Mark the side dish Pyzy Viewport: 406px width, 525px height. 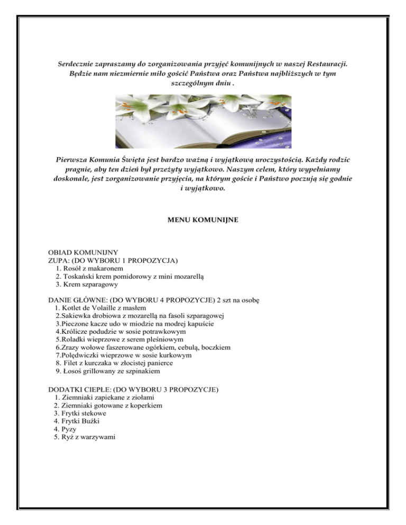pos(69,429)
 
